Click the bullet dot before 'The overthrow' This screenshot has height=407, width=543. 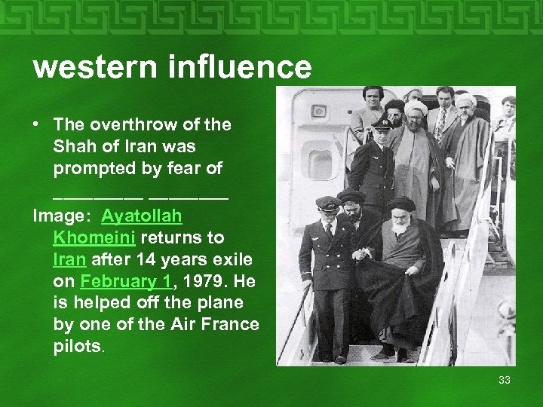[x=38, y=124]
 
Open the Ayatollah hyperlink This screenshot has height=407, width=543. [x=142, y=216]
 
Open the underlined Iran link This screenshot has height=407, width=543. [x=68, y=260]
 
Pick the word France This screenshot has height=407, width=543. [x=233, y=325]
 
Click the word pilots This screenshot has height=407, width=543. [x=77, y=347]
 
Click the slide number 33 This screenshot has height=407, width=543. [x=505, y=379]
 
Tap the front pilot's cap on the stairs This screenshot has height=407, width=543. [x=327, y=203]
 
